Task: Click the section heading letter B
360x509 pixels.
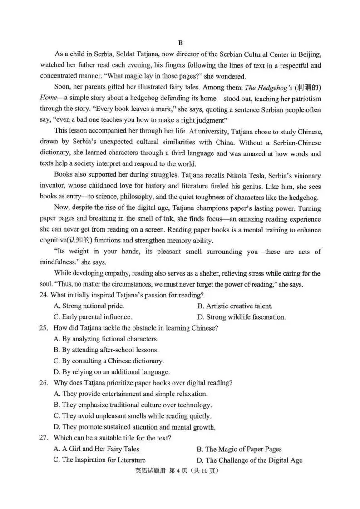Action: [x=180, y=43]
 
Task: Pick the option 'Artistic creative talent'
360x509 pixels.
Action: [x=235, y=306]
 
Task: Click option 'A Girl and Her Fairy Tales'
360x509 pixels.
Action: [x=96, y=449]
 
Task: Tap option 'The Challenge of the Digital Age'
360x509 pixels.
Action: [x=250, y=460]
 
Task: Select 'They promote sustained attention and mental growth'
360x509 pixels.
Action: [x=134, y=427]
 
